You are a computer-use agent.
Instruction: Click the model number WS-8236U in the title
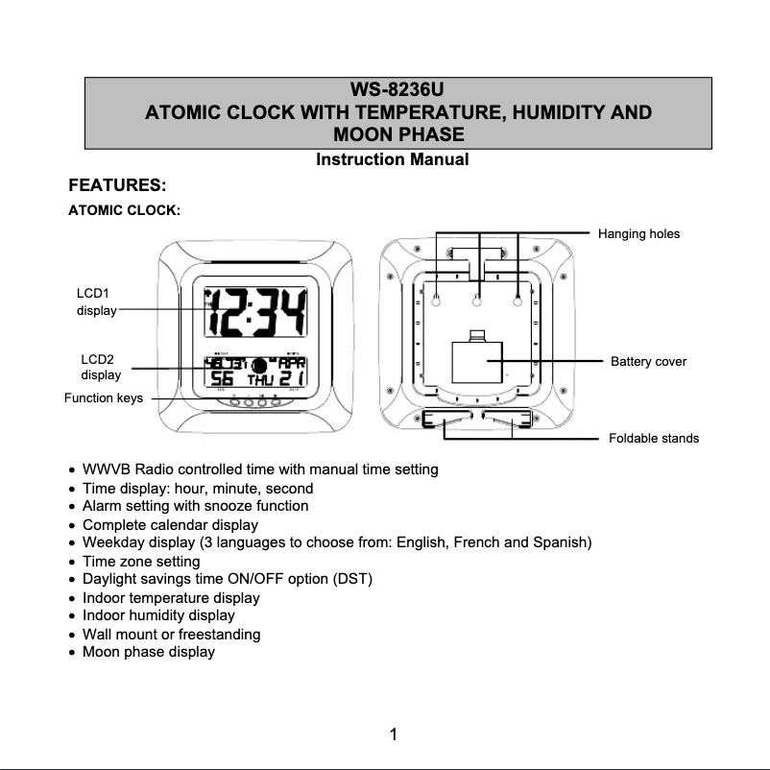pyautogui.click(x=397, y=91)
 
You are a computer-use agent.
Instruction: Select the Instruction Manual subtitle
pyautogui.click(x=392, y=159)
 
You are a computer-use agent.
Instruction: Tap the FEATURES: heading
pyautogui.click(x=118, y=184)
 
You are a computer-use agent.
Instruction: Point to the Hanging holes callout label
pyautogui.click(x=638, y=233)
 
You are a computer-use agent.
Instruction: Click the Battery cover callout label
pyautogui.click(x=649, y=362)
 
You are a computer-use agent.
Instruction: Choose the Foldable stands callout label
pyautogui.click(x=654, y=439)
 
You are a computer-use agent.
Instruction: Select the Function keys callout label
pyautogui.click(x=104, y=398)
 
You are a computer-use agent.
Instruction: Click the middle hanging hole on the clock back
pyautogui.click(x=477, y=301)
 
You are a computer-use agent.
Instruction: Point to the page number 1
pyautogui.click(x=393, y=735)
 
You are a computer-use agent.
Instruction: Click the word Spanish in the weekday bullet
pyautogui.click(x=562, y=542)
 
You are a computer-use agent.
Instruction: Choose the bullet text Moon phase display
pyautogui.click(x=149, y=652)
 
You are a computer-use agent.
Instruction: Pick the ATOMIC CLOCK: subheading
pyautogui.click(x=124, y=210)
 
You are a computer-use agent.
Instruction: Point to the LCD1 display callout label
pyautogui.click(x=96, y=301)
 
